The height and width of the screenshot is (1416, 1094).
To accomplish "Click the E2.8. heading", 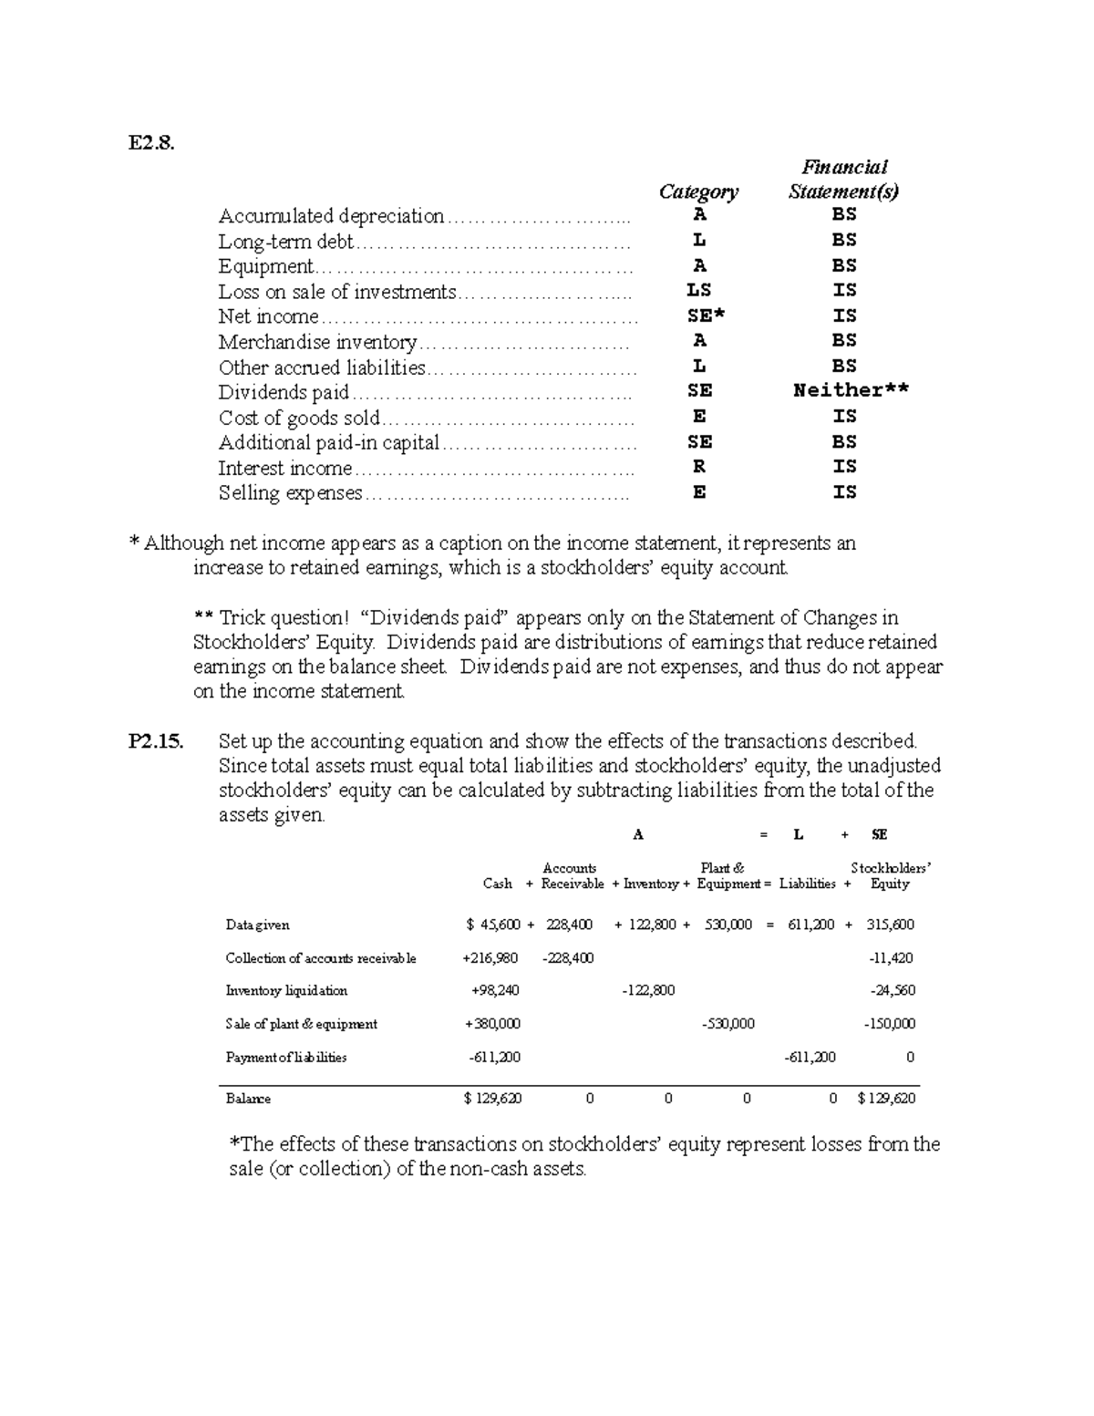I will pos(150,142).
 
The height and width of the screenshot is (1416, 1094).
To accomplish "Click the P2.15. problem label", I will pos(156,741).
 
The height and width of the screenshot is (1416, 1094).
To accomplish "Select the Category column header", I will pos(698,191).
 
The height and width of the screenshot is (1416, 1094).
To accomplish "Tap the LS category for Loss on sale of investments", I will pos(698,291).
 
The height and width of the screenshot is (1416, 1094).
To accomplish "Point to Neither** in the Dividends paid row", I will pos(851,391).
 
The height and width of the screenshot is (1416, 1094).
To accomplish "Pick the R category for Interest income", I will pos(698,467).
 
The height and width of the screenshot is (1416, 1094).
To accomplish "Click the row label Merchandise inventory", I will pos(316,342).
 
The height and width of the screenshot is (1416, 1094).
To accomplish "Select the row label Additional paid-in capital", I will pos(328,443).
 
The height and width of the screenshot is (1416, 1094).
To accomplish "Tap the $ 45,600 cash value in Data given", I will pos(493,925).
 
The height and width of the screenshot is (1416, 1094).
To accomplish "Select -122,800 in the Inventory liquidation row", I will pos(648,991).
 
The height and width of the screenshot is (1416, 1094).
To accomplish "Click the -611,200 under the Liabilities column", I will pos(810,1058).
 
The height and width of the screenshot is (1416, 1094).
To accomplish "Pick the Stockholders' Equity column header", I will pos(890,876).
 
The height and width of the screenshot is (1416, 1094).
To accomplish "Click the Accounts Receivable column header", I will pos(572,876).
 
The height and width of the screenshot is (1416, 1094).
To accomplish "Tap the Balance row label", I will pos(248,1099).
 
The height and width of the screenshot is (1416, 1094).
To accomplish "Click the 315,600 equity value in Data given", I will pos(890,925).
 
